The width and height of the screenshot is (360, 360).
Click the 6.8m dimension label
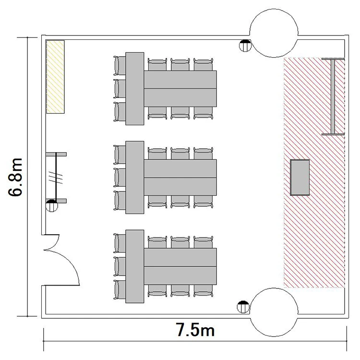(x=15, y=177)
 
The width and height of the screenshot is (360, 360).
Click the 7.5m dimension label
(x=195, y=330)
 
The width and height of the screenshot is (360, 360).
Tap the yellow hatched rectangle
(x=55, y=77)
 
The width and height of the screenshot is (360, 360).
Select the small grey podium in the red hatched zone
(x=300, y=177)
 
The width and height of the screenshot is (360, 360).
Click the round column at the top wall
(x=274, y=14)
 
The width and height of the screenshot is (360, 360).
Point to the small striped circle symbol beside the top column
(x=245, y=46)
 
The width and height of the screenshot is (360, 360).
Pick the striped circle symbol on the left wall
(x=52, y=206)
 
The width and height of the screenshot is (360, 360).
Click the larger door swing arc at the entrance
(x=69, y=259)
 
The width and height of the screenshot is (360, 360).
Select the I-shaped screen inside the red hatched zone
(x=333, y=96)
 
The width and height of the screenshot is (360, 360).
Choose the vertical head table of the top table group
(x=135, y=89)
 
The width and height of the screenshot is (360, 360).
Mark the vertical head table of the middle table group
(x=135, y=178)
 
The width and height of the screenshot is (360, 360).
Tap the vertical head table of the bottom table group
(x=135, y=266)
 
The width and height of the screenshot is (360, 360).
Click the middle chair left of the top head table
(x=120, y=89)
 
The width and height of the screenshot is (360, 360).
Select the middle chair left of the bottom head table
(x=120, y=266)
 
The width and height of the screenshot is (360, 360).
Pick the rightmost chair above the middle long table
(x=203, y=154)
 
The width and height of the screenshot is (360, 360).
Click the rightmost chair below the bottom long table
(x=203, y=291)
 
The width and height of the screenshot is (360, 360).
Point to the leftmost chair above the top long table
(x=157, y=64)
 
